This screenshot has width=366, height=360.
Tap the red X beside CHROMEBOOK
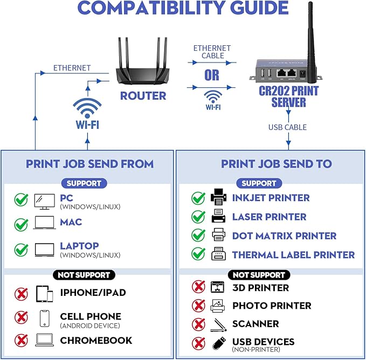pyautogui.click(x=21, y=340)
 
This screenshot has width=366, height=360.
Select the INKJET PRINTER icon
pyautogui.click(x=218, y=197)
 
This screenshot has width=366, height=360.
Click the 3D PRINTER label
pyautogui.click(x=260, y=288)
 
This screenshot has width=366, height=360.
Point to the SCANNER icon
pyautogui.click(x=218, y=324)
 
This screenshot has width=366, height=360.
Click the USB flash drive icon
pyautogui.click(x=218, y=343)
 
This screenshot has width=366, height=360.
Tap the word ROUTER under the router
pyautogui.click(x=143, y=96)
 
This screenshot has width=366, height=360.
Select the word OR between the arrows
pyautogui.click(x=212, y=74)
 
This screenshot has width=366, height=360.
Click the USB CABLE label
pyautogui.click(x=288, y=127)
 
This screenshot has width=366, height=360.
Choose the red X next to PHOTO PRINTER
pyautogui.click(x=198, y=306)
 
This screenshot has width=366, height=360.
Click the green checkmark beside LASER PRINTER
pyautogui.click(x=198, y=217)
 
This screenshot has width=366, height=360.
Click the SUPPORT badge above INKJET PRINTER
pyautogui.click(x=259, y=183)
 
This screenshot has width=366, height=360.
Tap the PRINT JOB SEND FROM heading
pyautogui.click(x=89, y=164)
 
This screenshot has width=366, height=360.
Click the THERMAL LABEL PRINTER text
pyautogui.click(x=293, y=254)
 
